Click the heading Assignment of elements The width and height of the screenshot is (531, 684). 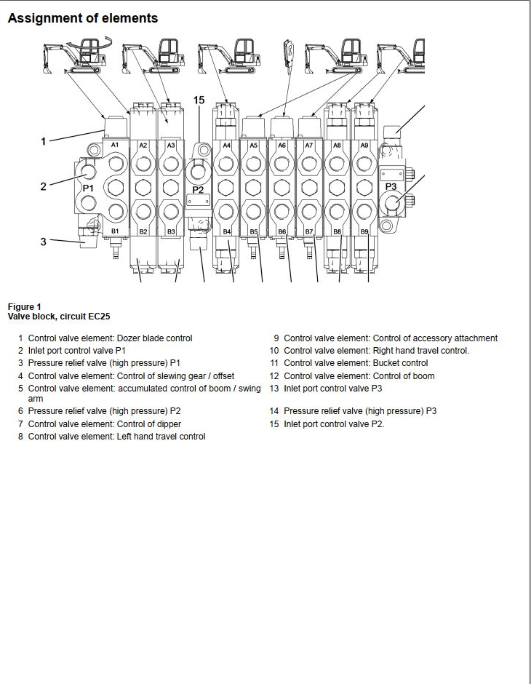[x=83, y=18]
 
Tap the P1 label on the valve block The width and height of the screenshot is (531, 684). [x=88, y=188]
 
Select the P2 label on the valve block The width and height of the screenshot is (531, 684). [x=198, y=190]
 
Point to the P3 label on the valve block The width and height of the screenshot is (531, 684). [x=391, y=187]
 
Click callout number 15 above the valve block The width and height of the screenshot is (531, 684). [x=199, y=100]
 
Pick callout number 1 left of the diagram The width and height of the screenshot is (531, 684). [x=43, y=141]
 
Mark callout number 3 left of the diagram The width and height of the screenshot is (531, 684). [x=43, y=242]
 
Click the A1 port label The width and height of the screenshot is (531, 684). [x=115, y=144]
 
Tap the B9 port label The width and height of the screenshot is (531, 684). [x=364, y=232]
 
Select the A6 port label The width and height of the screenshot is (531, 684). [x=282, y=146]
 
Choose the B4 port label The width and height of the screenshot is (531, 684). [x=227, y=231]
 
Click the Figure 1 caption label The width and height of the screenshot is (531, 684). [x=25, y=306]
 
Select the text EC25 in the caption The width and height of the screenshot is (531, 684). [x=99, y=317]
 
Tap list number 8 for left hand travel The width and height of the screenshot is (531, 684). [x=20, y=436]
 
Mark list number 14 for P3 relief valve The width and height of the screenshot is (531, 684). [x=274, y=411]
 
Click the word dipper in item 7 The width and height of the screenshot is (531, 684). [x=169, y=424]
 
